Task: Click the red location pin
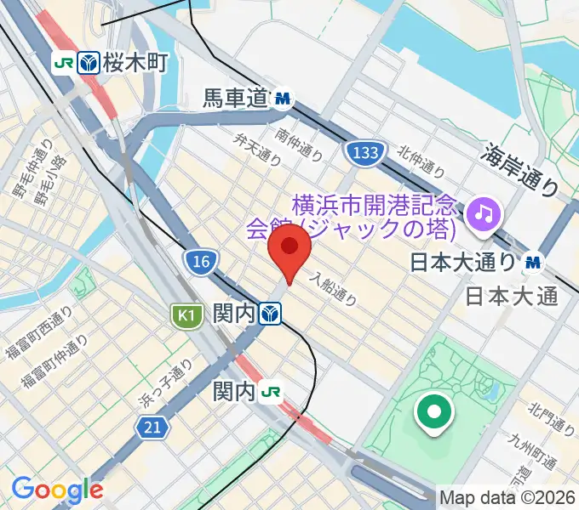289,247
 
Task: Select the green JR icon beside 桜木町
63,63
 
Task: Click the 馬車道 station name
235,99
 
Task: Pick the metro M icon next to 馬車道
283,100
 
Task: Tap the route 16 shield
201,262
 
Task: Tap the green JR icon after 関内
272,392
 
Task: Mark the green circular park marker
433,414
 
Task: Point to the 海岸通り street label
521,169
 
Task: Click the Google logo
57,490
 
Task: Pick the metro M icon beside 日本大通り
533,263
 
